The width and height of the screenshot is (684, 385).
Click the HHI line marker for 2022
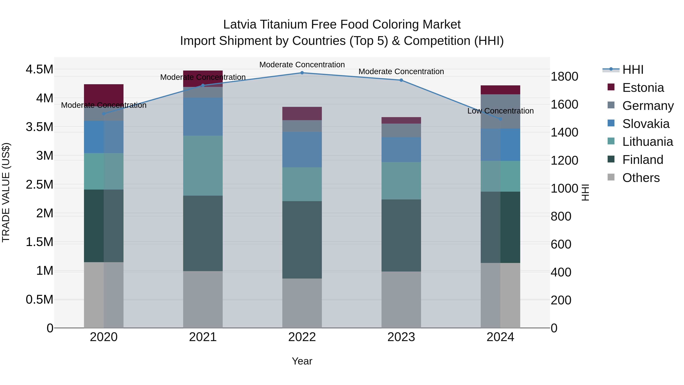pyautogui.click(x=302, y=73)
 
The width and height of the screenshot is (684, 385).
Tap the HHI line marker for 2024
pyautogui.click(x=500, y=119)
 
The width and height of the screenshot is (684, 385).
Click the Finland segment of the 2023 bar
pyautogui.click(x=401, y=235)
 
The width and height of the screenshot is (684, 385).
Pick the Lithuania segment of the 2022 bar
pyautogui.click(x=302, y=184)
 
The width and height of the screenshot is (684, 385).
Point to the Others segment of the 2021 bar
pyautogui.click(x=203, y=299)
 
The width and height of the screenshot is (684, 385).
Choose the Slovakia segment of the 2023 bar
pyautogui.click(x=401, y=150)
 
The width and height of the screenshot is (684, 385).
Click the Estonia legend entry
pyautogui.click(x=643, y=88)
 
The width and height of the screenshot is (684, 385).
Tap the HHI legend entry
pyautogui.click(x=633, y=70)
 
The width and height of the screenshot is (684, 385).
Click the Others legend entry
pyautogui.click(x=641, y=178)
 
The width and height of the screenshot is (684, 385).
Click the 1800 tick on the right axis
pyautogui.click(x=564, y=76)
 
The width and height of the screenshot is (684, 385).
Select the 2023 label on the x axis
pyautogui.click(x=401, y=337)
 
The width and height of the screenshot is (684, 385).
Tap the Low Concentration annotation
pyautogui.click(x=500, y=111)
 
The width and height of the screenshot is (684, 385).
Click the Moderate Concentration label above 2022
pyautogui.click(x=302, y=65)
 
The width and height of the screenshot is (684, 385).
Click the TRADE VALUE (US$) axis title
pyautogui.click(x=6, y=192)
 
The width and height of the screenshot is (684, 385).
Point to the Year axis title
pyautogui.click(x=302, y=361)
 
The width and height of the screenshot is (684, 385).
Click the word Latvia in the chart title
pyautogui.click(x=240, y=25)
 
